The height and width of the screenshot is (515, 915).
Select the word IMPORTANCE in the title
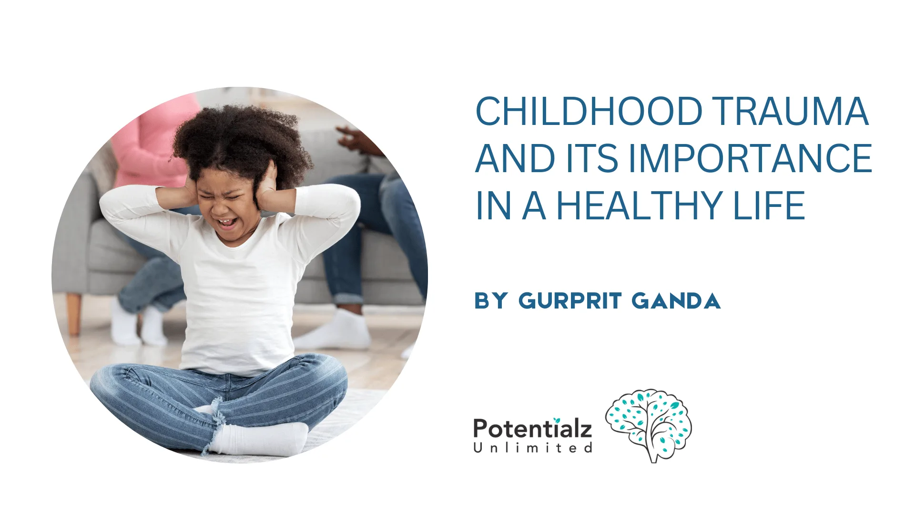coord(750,159)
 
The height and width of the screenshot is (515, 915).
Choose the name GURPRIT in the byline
coord(570,301)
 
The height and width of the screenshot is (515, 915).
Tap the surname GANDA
coord(676,301)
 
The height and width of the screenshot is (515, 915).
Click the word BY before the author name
coord(491,301)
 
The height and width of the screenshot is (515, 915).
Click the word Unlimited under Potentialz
coord(532,448)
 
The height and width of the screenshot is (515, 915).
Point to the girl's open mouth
coord(227,222)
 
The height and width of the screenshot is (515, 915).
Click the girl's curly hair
coord(238,138)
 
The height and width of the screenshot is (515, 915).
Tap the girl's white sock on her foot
coord(260,439)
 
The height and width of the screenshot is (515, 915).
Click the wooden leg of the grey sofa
coord(74,312)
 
